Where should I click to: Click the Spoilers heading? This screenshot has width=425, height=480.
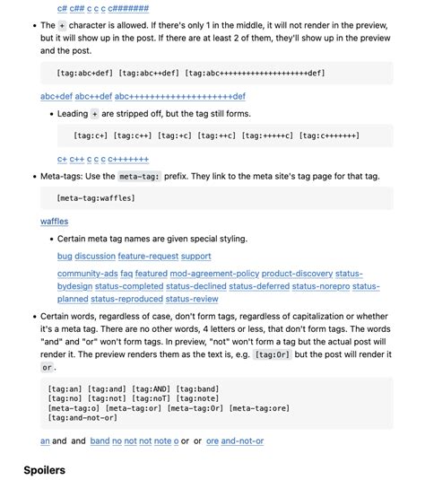pyautogui.click(x=45, y=469)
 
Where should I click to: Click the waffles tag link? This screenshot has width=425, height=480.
pyautogui.click(x=54, y=221)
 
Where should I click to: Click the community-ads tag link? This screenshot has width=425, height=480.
pyautogui.click(x=87, y=274)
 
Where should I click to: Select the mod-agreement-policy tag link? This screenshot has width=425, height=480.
pyautogui.click(x=213, y=274)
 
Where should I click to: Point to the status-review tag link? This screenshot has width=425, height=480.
pyautogui.click(x=192, y=299)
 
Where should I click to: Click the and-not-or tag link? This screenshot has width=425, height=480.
pyautogui.click(x=242, y=441)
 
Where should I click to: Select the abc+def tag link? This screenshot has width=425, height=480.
pyautogui.click(x=56, y=96)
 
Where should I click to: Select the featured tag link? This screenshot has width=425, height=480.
pyautogui.click(x=152, y=274)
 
